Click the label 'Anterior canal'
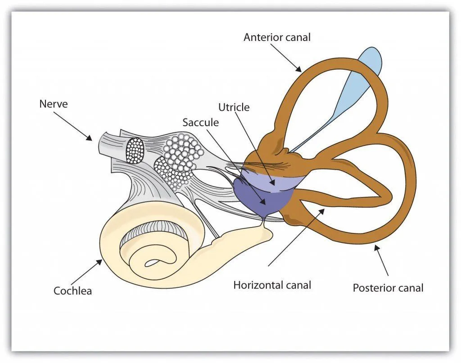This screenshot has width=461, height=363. coord(277,37)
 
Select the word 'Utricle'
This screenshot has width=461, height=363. coord(234,107)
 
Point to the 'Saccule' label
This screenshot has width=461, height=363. coord(200,122)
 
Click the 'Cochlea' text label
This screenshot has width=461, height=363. coord(72,291)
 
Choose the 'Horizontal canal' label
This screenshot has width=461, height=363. coord(272,285)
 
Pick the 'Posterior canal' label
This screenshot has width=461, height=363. coord(388,287)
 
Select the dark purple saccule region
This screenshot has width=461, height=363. coord(259,198)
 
